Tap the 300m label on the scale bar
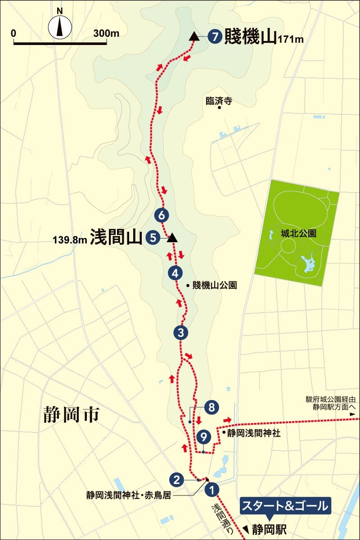[106, 34]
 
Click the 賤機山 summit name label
[250, 36]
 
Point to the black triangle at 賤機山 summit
[194, 36]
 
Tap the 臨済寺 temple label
[218, 101]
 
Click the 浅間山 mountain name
[116, 237]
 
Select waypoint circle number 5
[153, 238]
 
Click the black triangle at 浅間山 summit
[171, 238]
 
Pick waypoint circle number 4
[175, 273]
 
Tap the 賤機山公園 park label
[214, 285]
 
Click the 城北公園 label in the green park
[297, 234]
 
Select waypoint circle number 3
[180, 333]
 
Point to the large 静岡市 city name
[71, 414]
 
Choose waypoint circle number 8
[211, 408]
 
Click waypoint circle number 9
[204, 436]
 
